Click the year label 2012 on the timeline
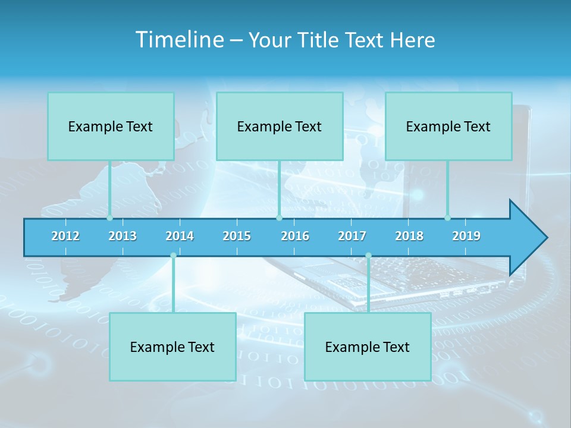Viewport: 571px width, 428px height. tap(65, 236)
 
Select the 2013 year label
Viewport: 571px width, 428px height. tap(123, 236)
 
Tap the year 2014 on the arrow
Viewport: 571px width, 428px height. tap(180, 236)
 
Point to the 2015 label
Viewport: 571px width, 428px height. tap(237, 236)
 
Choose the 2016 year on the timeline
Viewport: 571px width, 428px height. tap(295, 236)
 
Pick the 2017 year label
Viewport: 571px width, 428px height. tap(352, 236)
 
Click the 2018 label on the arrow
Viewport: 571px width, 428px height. tap(409, 236)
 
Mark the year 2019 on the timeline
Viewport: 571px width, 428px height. tap(466, 236)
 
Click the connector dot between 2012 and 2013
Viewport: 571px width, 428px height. tap(109, 218)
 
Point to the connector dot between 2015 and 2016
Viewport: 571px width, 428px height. tap(279, 218)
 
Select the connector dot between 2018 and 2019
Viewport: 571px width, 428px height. tap(447, 218)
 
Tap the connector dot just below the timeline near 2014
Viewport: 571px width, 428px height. tap(173, 256)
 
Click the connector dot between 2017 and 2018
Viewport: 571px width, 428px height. tap(368, 256)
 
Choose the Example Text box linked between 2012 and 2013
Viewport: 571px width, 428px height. tap(111, 127)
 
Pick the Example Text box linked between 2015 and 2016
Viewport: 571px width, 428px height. tap(280, 127)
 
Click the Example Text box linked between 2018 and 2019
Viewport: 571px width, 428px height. tap(448, 127)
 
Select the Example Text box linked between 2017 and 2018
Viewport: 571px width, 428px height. tap(368, 347)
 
